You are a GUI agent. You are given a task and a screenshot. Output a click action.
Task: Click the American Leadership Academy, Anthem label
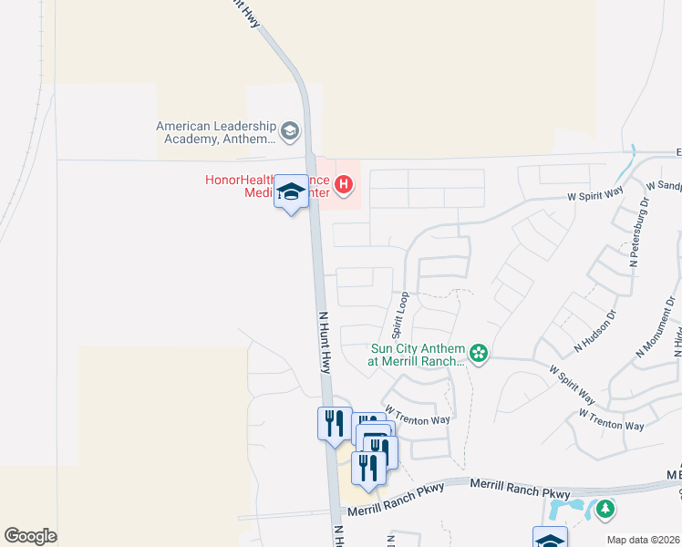click(215, 133)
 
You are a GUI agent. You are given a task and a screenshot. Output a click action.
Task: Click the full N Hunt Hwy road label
click(324, 342)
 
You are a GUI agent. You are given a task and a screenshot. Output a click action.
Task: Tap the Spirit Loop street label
click(398, 315)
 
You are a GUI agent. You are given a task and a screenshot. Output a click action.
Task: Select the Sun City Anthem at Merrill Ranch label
click(418, 355)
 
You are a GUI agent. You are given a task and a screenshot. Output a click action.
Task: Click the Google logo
click(30, 536)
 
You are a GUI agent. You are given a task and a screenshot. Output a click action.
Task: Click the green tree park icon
click(604, 511)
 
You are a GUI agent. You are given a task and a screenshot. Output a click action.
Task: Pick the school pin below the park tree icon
click(550, 538)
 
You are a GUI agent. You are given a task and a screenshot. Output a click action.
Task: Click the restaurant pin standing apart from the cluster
click(333, 423)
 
